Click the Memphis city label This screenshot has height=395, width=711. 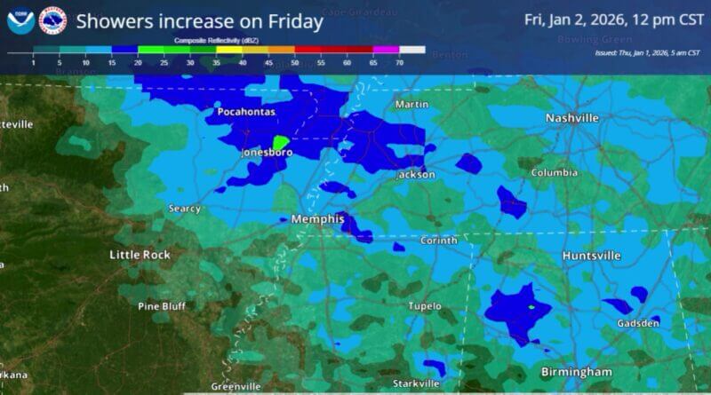317,218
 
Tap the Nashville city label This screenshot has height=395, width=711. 571,118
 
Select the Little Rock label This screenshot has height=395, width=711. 140,255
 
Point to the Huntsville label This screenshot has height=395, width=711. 591,256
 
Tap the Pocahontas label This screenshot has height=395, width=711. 247,112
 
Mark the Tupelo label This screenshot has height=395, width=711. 424,306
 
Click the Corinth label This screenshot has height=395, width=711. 439,241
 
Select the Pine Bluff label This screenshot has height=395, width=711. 160,306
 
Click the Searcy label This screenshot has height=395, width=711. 185,209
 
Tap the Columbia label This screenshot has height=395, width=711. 554,173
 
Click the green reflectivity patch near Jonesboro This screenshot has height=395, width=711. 280,142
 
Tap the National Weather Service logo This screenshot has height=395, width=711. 52,21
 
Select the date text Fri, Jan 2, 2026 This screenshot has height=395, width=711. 573,19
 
